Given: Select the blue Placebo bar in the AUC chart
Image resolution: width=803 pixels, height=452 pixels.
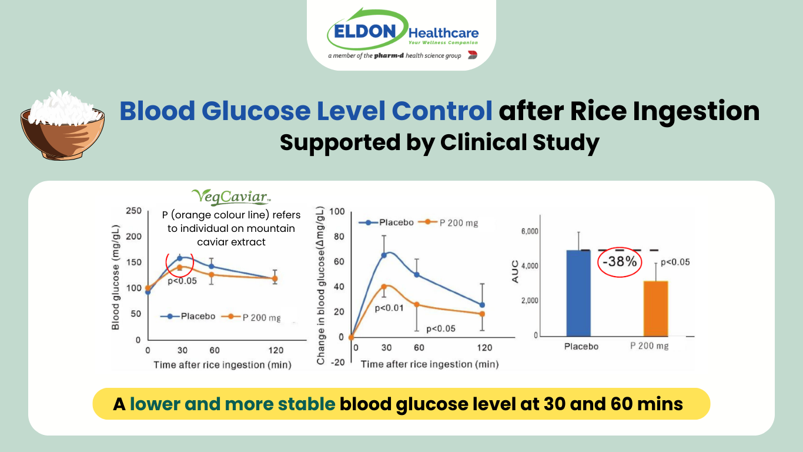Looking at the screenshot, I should tap(578, 293).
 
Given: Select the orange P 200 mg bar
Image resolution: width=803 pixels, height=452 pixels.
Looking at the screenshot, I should tap(655, 308).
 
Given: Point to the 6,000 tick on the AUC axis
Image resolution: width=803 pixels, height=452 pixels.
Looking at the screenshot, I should tap(530, 231).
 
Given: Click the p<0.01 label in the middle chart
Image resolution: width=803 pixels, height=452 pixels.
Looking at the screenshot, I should tap(389, 308).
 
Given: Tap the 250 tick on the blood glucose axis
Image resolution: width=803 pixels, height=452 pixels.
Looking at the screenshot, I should tap(134, 211).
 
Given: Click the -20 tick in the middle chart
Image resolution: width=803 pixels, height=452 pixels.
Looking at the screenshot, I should tap(337, 362).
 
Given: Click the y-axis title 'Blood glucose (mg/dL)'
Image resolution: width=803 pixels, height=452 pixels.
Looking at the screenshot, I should tap(116, 277).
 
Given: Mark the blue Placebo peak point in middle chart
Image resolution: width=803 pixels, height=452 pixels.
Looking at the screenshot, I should tap(384, 255).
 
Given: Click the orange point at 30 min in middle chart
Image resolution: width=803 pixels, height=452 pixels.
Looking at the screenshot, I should tap(384, 287).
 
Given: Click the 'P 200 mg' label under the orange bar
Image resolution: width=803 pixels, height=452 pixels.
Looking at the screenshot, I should tap(650, 346).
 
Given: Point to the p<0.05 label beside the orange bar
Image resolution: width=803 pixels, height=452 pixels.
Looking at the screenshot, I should tap(675, 262).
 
